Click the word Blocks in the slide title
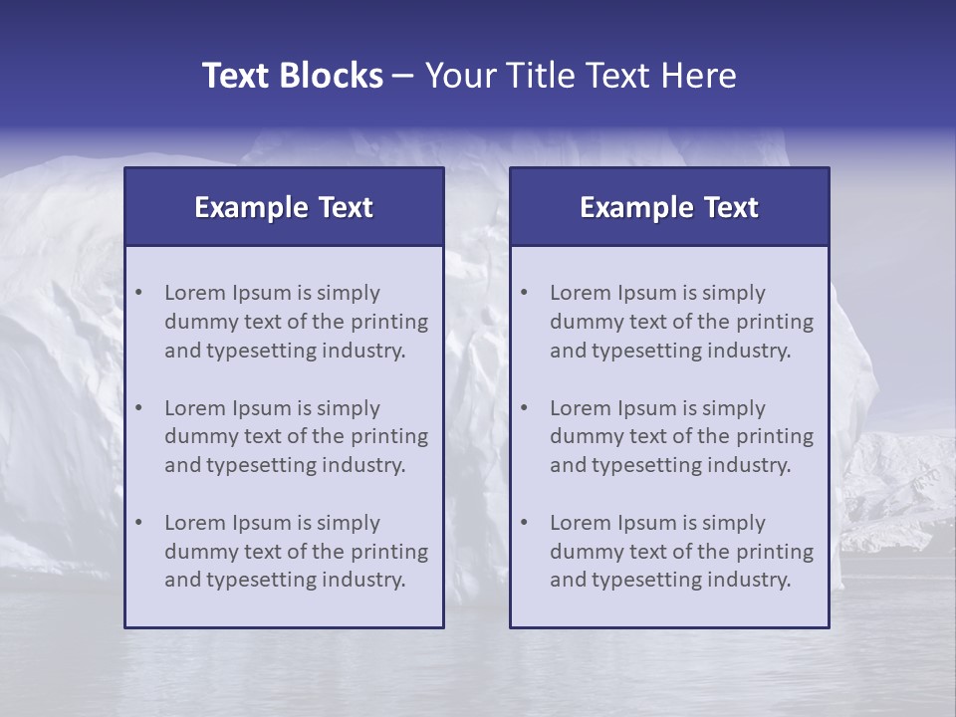(x=332, y=76)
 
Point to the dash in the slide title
(x=403, y=77)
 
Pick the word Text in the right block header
(x=731, y=207)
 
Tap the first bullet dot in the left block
(x=139, y=293)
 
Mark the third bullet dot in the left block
(x=139, y=523)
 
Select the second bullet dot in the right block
(x=525, y=408)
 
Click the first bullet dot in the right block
(x=525, y=293)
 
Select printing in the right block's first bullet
(x=776, y=322)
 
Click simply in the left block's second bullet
(x=349, y=408)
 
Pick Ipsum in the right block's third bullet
(x=646, y=523)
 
